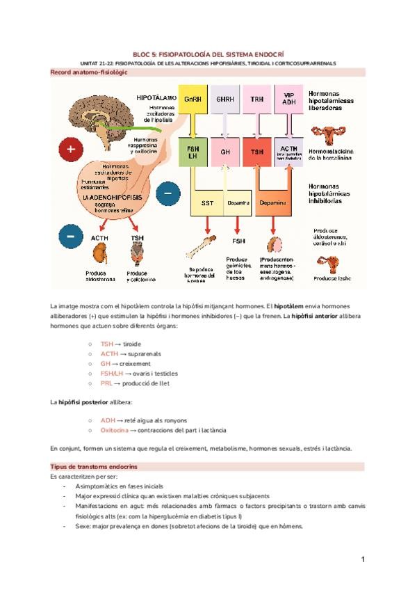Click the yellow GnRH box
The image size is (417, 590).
[192, 99]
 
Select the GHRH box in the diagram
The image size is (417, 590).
[224, 99]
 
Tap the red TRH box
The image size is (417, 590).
[257, 99]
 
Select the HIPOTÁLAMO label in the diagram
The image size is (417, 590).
[156, 98]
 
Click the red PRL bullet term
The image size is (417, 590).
[106, 383]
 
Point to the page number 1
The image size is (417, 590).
[362, 559]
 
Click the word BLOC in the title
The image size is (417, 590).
[141, 53]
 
